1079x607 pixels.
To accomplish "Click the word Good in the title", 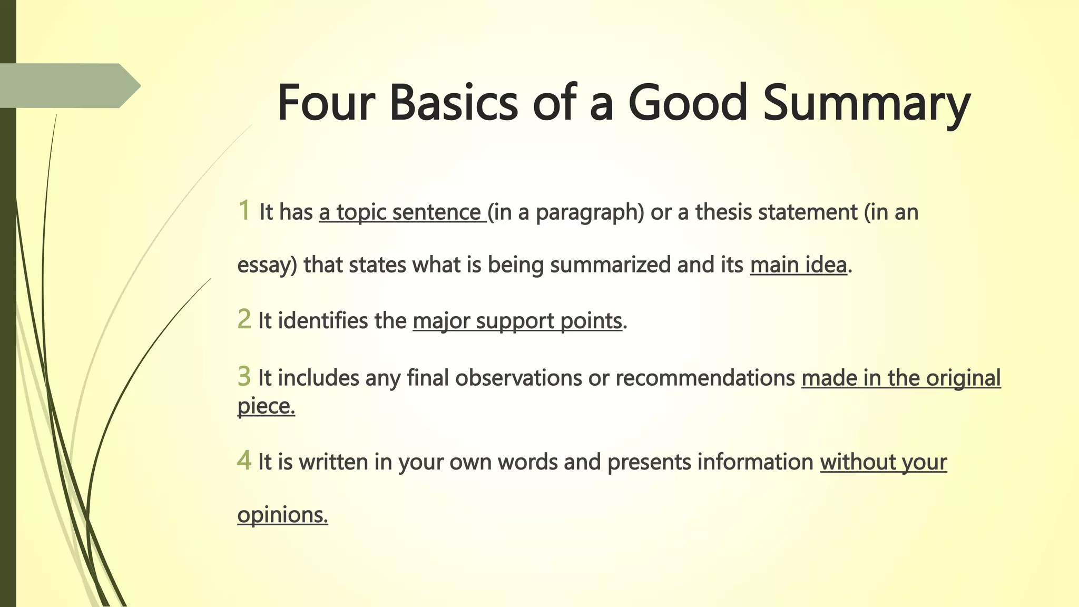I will coord(688,103).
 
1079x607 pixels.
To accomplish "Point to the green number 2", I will coord(244,319).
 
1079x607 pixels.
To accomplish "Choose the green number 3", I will coord(244,376).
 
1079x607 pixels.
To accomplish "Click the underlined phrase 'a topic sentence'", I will coord(401,212).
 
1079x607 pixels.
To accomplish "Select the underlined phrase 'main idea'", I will coord(798,265).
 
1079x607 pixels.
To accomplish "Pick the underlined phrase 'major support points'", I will coord(517,321).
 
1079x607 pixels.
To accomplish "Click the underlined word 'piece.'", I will coord(266,406).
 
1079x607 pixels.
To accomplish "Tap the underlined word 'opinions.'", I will coord(282,515).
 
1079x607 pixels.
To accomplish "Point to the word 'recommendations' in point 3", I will coord(705,378).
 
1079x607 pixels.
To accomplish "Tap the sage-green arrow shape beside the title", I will coord(68,85).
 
